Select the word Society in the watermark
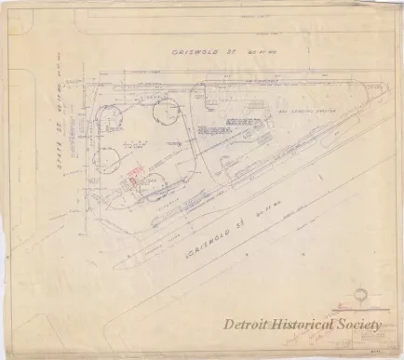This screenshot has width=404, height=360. (x=361, y=324)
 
